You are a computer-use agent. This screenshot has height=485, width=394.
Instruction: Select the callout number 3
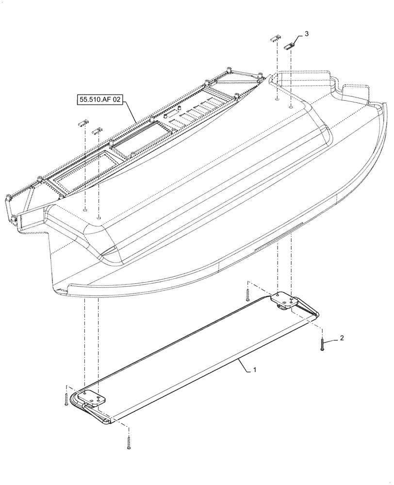(x=306, y=34)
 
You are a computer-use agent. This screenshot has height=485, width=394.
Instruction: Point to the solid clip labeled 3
(x=290, y=46)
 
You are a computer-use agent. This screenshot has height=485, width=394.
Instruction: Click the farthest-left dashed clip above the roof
(x=83, y=123)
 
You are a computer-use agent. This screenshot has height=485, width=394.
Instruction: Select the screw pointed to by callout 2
(x=321, y=346)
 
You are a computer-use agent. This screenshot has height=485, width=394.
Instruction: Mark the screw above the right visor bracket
(x=247, y=294)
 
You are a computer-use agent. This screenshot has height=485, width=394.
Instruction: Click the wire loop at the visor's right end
(x=311, y=312)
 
